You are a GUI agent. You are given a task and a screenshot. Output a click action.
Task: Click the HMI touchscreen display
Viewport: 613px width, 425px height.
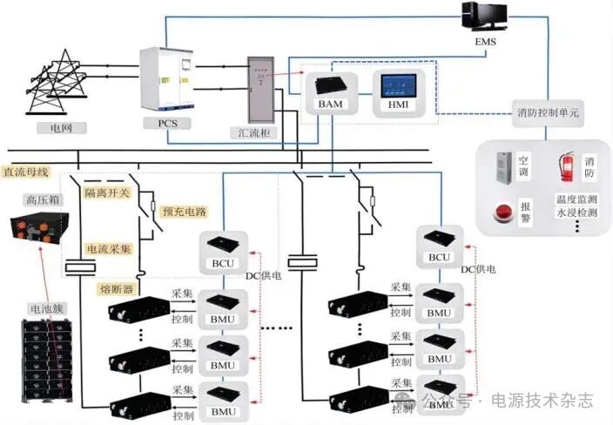click(x=400, y=88)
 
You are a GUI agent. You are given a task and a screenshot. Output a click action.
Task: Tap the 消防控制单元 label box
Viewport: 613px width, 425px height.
click(x=546, y=114)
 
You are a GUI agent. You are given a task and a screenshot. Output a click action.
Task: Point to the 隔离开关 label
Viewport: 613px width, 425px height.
click(x=108, y=192)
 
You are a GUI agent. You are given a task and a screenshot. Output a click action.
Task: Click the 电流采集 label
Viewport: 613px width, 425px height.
click(x=108, y=248)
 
